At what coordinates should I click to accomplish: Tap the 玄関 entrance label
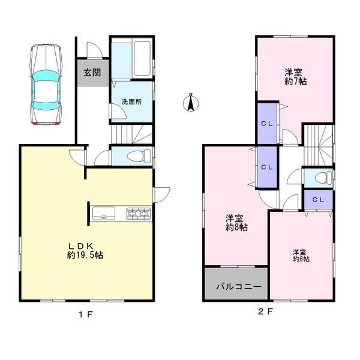tap(92, 73)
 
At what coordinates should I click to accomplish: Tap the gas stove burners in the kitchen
tap(139, 213)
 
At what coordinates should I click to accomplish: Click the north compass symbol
tap(191, 103)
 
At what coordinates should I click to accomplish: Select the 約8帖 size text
tap(237, 227)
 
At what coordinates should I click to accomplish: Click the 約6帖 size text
tap(301, 259)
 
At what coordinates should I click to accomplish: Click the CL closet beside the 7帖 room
tap(267, 124)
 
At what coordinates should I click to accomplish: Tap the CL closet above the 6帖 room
tap(317, 199)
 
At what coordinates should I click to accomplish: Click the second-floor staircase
tap(317, 145)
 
